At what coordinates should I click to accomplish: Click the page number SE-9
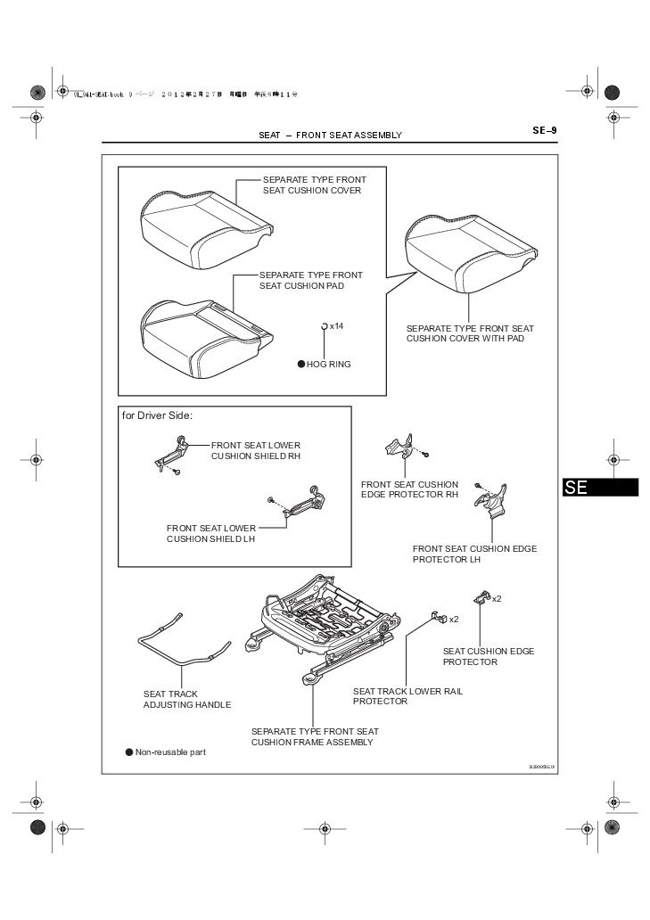545,130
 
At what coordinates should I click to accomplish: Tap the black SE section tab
600,488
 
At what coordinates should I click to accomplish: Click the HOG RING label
328,364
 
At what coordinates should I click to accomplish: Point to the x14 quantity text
336,326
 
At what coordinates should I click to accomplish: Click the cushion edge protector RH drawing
399,446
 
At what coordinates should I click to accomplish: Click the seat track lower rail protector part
438,616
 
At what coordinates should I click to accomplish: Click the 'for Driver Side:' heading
157,415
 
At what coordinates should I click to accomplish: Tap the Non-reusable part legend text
170,752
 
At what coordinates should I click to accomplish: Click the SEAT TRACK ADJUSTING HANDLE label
187,699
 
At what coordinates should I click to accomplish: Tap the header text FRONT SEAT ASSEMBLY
349,136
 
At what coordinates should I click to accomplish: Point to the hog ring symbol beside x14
325,327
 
